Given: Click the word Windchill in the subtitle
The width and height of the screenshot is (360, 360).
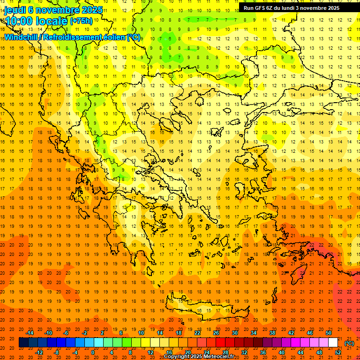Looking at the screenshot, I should tap(22, 37).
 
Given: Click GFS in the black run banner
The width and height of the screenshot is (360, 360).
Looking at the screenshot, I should tap(262, 8).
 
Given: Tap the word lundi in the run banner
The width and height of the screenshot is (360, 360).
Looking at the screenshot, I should tap(293, 8).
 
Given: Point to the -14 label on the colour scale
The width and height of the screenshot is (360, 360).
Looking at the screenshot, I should tap(30, 333).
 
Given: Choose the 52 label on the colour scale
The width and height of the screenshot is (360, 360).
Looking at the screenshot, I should tap(338, 352).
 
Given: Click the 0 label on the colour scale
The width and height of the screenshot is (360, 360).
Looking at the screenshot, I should tap(92, 352).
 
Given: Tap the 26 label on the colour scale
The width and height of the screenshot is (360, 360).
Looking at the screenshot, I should tap(216, 333).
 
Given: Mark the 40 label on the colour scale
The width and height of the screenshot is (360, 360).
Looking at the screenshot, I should tap(282, 352).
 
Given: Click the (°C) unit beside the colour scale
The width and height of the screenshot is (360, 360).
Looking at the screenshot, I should tap(349, 343).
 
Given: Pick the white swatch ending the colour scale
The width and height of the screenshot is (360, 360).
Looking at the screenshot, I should tap(333, 343).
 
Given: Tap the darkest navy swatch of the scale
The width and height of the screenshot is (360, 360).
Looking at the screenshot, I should tap(23, 343).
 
